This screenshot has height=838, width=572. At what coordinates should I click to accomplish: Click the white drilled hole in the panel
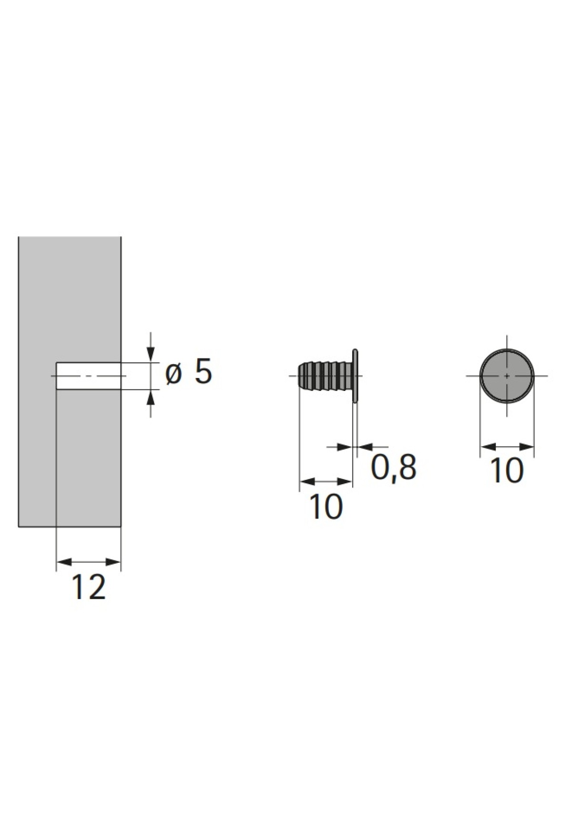(x=89, y=376)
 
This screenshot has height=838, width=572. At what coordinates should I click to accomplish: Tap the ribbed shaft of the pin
(x=324, y=376)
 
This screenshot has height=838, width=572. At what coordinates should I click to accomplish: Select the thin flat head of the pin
(x=355, y=376)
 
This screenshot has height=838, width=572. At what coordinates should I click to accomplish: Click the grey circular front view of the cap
(x=507, y=376)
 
